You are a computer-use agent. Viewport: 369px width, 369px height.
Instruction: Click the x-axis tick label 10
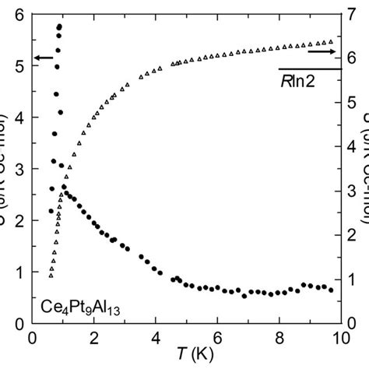[339, 337]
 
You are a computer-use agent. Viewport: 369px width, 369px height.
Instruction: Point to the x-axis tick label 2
[93, 337]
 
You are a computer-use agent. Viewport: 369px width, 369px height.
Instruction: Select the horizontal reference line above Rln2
[309, 69]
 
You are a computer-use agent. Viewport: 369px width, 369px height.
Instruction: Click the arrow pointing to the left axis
[44, 58]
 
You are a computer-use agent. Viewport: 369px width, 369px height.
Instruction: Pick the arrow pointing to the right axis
[320, 51]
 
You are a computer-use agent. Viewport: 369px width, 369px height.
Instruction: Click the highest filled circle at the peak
[59, 26]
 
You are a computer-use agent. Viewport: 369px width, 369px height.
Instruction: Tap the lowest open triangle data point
[51, 276]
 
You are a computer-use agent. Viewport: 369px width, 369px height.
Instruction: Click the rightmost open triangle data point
[331, 41]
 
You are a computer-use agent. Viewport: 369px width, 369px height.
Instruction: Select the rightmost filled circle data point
[331, 290]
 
